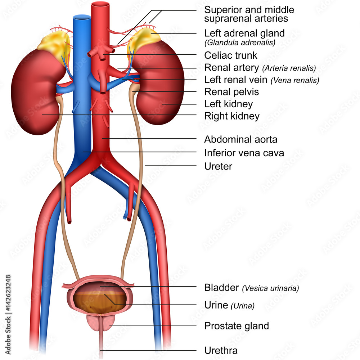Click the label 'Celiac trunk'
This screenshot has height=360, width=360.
(x=231, y=55)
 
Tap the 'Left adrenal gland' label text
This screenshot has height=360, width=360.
(x=244, y=33)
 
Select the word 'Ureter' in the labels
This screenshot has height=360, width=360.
(x=218, y=166)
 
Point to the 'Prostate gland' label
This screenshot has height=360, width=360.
(x=237, y=326)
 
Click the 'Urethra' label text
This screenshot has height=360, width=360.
(x=221, y=350)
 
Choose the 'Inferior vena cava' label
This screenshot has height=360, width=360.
(x=244, y=153)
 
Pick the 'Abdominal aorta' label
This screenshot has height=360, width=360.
(x=240, y=139)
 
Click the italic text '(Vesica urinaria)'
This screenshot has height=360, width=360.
(x=270, y=288)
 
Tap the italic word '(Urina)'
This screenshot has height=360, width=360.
(x=243, y=306)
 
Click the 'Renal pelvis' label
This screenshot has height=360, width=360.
(x=231, y=92)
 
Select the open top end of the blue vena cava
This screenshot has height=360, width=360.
(x=82, y=17)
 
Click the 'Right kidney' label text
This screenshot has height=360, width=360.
(x=231, y=116)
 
